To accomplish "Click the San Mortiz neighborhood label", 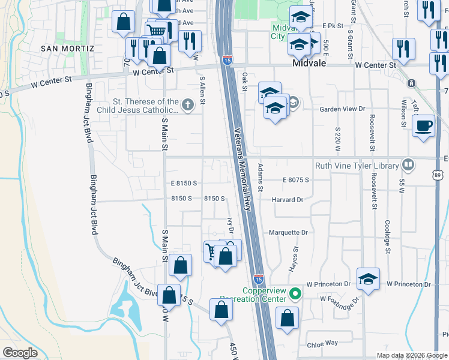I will tap(67, 48).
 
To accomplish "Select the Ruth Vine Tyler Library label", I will tap(357, 166).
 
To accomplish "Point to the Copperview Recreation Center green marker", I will tap(294, 293).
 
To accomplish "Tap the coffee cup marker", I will tap(424, 125).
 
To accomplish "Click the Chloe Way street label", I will tap(322, 343).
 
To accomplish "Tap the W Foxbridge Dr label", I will tap(339, 298).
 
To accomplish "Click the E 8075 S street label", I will tap(295, 179).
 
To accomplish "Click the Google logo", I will tap(19, 353).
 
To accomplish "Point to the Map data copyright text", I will tap(412, 355).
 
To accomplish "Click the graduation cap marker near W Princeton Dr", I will tap(367, 279).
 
